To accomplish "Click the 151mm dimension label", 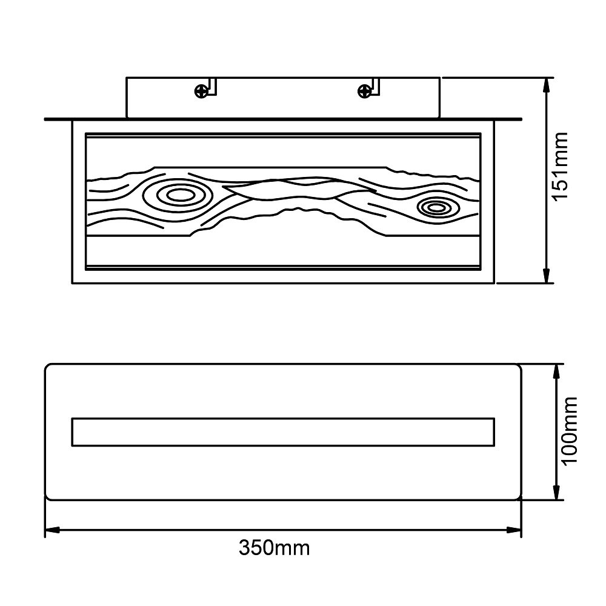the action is [560, 166].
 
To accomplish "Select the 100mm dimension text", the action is [569, 431].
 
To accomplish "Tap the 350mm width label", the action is [274, 548].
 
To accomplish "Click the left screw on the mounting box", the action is [201, 92].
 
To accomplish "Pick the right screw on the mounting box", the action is [364, 92].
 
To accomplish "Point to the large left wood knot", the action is [178, 196].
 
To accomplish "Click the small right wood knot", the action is [437, 208].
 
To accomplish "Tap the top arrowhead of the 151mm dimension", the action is [546, 85].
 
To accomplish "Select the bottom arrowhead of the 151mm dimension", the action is [546, 276].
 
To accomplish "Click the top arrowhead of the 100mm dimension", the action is [556, 372].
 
